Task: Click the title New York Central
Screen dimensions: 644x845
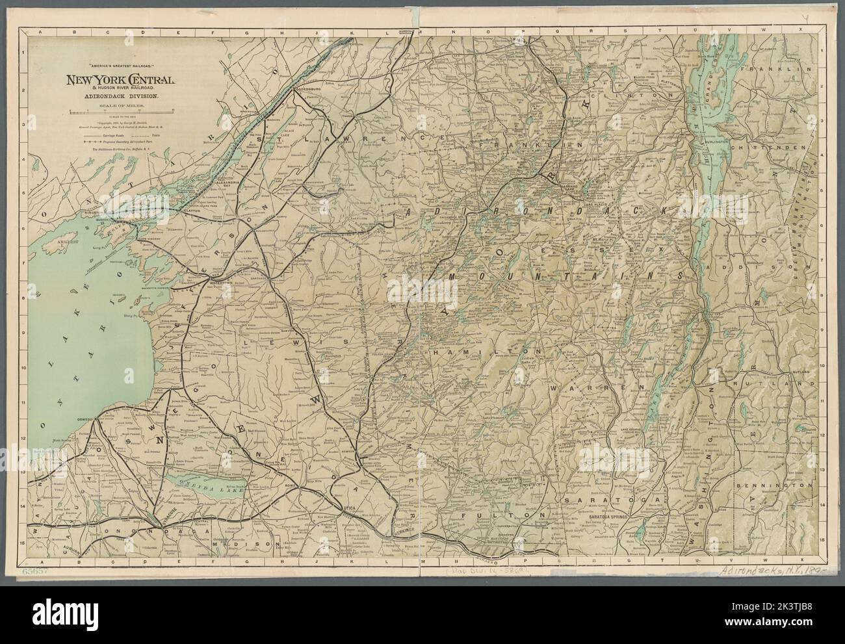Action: point(118,80)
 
